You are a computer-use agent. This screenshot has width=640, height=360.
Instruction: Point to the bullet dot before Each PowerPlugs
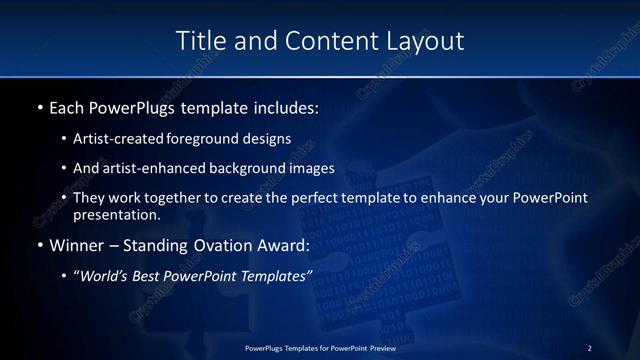pyautogui.click(x=39, y=106)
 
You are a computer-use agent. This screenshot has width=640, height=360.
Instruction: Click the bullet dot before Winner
pyautogui.click(x=39, y=245)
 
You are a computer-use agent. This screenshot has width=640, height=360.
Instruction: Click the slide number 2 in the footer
pyautogui.click(x=589, y=348)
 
